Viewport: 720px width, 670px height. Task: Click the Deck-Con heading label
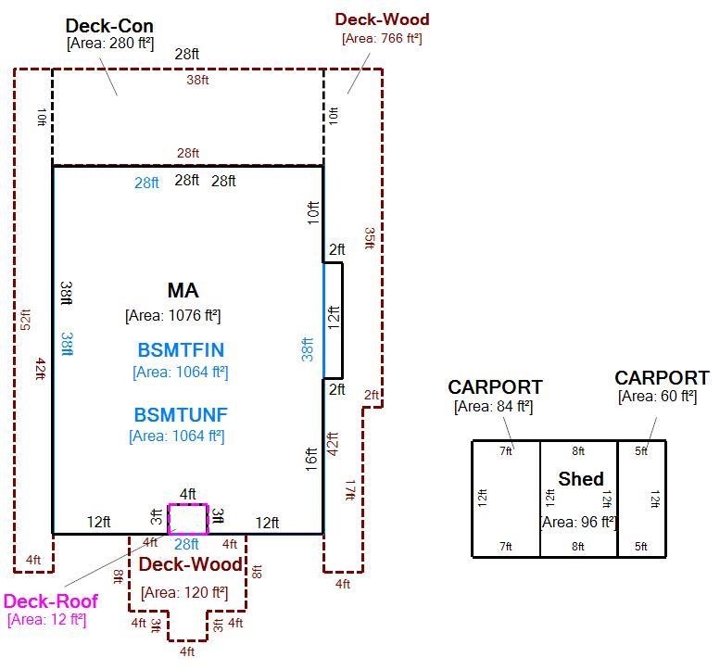point(109,26)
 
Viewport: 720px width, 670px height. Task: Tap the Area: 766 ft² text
point(382,38)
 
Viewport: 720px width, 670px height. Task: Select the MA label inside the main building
point(183,290)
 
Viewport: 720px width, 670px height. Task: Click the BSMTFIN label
point(181,350)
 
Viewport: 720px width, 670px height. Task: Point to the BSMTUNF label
point(181,414)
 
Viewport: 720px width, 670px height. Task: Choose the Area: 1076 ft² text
point(173,315)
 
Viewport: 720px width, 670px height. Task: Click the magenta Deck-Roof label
point(51,601)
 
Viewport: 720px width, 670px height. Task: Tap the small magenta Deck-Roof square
point(188,519)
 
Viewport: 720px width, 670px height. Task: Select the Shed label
point(581,479)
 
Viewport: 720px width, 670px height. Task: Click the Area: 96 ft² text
point(578,522)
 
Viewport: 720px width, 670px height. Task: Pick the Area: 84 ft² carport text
point(494,407)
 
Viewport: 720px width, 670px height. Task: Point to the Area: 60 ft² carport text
point(658,396)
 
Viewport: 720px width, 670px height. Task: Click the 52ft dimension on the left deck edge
point(26,320)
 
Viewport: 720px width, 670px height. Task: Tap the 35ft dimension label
point(370,238)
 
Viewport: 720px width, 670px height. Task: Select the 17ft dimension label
point(350,490)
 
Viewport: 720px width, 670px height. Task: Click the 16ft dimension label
point(311,460)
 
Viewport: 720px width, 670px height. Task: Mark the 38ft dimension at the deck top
point(197,80)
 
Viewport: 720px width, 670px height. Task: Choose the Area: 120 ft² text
point(184,592)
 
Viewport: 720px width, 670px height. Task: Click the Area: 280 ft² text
point(110,44)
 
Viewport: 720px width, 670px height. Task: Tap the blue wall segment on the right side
point(323,321)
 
